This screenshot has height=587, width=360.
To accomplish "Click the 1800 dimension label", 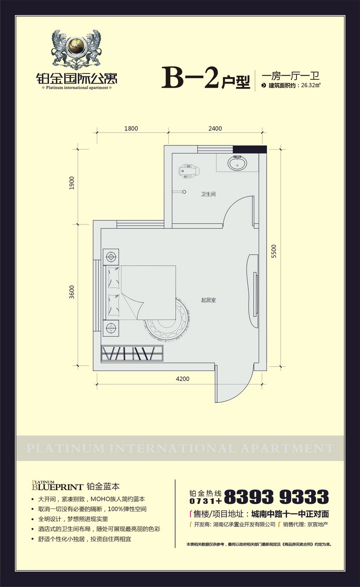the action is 131,129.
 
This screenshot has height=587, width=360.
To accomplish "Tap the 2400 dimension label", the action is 215,129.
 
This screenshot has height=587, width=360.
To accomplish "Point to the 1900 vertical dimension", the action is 72,183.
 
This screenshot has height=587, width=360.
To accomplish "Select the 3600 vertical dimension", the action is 72,292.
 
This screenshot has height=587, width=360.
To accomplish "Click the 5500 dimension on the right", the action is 274,251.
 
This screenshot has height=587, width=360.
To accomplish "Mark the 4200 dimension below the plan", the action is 183,379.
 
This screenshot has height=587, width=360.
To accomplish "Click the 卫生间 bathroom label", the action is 208,194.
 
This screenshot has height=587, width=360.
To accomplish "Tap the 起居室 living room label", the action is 208,300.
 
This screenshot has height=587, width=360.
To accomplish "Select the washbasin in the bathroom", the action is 237,163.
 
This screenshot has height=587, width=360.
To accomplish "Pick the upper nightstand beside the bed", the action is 111,257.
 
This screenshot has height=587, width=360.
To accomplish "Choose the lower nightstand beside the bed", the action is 111,328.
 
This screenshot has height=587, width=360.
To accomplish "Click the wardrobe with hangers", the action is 132,353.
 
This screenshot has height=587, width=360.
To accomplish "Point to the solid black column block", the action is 250,149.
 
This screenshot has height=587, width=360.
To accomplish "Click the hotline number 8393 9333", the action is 277,497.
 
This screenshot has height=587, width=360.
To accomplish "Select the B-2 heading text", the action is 190,78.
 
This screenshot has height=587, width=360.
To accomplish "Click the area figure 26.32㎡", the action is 311,85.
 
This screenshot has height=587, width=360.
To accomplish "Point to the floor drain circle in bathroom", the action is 184,192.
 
